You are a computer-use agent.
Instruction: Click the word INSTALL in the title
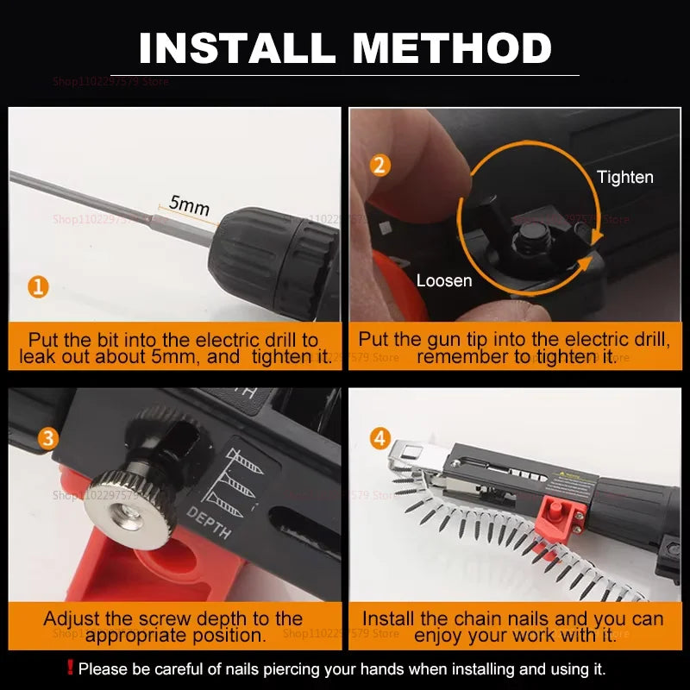pos(235,47)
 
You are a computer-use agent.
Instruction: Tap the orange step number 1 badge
pos(37,285)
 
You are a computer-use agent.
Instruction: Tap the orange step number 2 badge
pos(380,164)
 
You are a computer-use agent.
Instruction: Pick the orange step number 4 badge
pos(380,438)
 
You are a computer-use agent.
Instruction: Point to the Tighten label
pos(624,177)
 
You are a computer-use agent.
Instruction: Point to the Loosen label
pos(444,280)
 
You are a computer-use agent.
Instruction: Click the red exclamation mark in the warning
pos(70,668)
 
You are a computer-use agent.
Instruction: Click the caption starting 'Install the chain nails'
pos(513,627)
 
